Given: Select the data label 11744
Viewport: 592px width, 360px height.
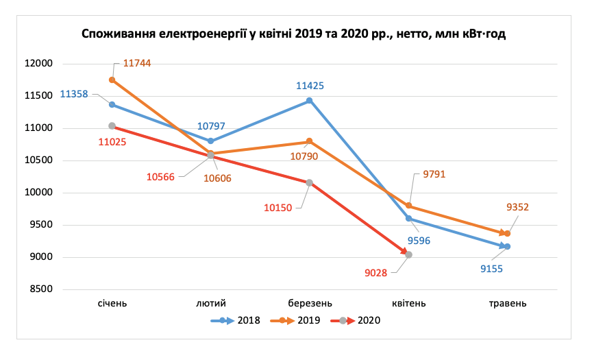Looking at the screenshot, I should point(137,63).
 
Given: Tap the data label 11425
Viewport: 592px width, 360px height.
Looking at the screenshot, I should point(310,86).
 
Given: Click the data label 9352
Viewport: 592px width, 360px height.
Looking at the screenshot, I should point(517,207).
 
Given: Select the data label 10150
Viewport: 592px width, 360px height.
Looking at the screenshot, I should point(277,206).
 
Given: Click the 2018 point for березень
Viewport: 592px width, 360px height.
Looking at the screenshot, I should point(309,100).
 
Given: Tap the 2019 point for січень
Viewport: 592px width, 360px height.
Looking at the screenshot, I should point(112,80).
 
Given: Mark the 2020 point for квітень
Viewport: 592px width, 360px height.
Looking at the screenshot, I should point(409,254).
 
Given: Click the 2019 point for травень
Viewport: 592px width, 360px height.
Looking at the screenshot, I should point(508,234).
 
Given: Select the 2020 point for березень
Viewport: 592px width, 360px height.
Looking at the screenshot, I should point(310,182).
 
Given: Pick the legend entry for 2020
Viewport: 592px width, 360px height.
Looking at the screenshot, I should point(356,320).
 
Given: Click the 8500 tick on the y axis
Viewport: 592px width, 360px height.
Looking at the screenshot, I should point(41,289).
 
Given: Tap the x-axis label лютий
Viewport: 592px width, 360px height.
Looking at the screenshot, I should point(210,302).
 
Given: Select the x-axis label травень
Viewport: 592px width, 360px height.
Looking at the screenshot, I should point(507,302).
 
